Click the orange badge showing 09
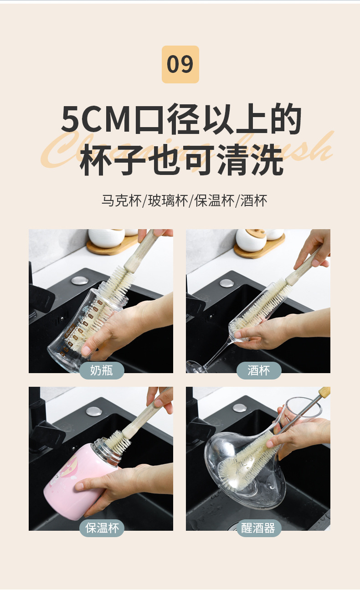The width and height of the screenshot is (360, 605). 180,64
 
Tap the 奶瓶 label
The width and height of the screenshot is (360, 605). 101,370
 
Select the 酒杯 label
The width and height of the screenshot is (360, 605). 258,370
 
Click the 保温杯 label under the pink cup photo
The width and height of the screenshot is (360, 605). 102,528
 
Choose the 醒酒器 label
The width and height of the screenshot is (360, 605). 258,528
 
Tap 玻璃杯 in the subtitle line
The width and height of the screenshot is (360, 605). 168,200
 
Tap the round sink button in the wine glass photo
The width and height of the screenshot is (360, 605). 226,283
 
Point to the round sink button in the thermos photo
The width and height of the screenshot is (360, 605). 93,411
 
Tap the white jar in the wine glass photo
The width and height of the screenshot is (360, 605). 251,240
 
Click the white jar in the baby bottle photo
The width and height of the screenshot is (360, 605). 106,238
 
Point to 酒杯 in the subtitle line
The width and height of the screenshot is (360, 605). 254,200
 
